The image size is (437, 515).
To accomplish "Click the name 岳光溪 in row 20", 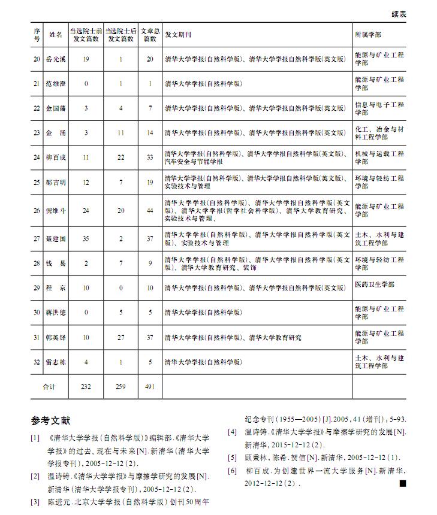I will (x=56, y=59).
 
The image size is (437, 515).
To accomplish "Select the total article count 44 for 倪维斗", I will (x=150, y=211).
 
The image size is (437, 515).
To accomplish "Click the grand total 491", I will (x=150, y=387).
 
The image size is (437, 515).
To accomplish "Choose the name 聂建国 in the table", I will (x=56, y=239).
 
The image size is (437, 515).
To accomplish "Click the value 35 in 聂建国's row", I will (x=86, y=239).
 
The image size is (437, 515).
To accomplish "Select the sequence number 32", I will (x=37, y=362).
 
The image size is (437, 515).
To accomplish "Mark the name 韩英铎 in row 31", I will (x=56, y=338).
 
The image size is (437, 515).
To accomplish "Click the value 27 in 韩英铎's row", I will (x=120, y=338).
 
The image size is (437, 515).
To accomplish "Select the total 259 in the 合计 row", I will (x=120, y=387).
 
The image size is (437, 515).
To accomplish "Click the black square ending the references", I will (x=402, y=483).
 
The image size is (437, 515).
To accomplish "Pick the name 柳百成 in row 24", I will (x=56, y=157).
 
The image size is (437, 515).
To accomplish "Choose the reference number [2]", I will (x=35, y=477).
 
